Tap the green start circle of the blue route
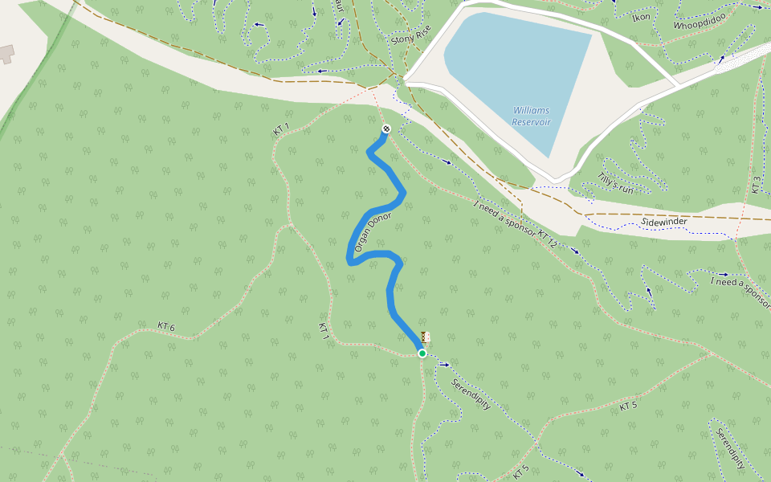[x=422, y=353]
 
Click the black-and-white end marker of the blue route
[x=386, y=129]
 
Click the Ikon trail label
[x=641, y=17]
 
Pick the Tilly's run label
[x=616, y=183]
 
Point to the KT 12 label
[x=548, y=238]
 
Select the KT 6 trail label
[x=166, y=326]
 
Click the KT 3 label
[x=755, y=185]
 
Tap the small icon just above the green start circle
[x=426, y=337]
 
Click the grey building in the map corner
[x=6, y=54]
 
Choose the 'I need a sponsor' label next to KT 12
[x=504, y=217]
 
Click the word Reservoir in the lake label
[x=532, y=122]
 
